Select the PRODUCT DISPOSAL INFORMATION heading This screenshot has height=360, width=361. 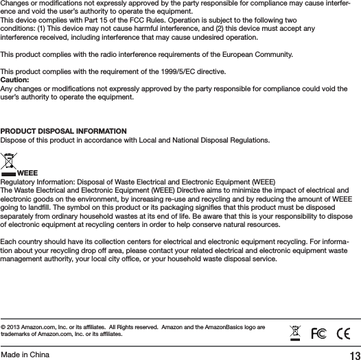click(x=63, y=130)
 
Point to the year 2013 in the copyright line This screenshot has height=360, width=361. click(x=16, y=326)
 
